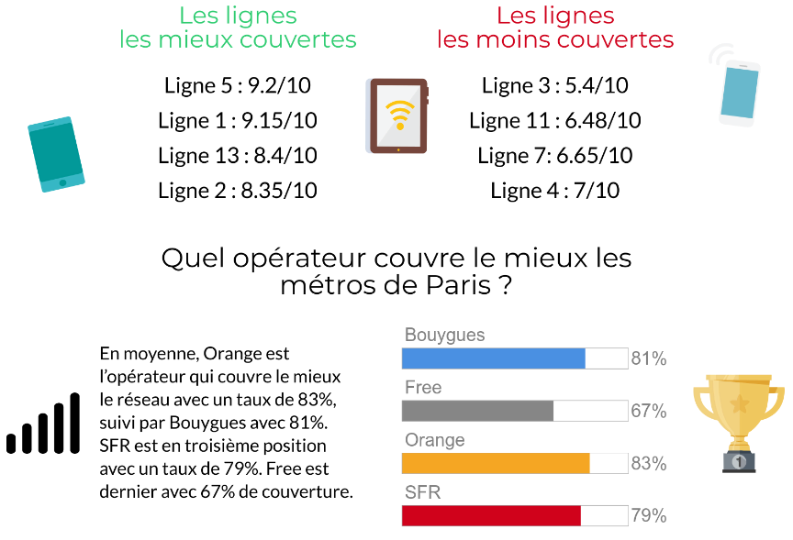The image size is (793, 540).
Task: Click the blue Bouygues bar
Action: click(x=494, y=358)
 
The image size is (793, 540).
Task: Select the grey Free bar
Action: click(x=478, y=411)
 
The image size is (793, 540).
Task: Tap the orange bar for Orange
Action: click(x=496, y=464)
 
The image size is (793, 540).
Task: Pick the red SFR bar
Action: click(x=492, y=516)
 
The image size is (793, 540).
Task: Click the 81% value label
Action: click(x=648, y=359)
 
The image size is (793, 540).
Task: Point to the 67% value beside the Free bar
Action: click(x=648, y=412)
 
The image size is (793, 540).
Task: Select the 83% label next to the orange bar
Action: click(x=648, y=464)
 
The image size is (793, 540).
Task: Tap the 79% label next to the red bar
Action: click(x=648, y=516)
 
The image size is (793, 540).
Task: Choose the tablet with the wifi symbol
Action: click(x=398, y=116)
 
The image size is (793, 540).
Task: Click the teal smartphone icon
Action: click(x=56, y=153)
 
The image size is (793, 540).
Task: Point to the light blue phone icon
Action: click(x=739, y=90)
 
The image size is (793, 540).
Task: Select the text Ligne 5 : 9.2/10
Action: click(x=238, y=86)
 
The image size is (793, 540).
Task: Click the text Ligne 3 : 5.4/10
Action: click(x=555, y=86)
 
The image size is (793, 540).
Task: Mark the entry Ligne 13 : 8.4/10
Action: click(x=238, y=156)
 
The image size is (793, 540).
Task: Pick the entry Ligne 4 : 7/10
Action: click(x=555, y=191)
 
